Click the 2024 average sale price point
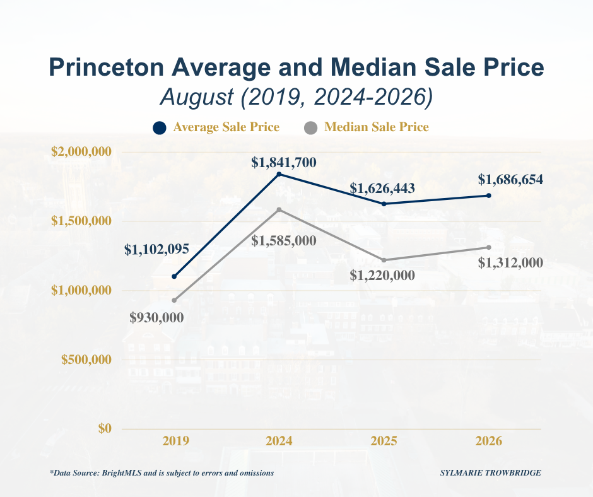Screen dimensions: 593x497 tap(279, 174)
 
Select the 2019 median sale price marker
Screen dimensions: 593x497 tap(174, 300)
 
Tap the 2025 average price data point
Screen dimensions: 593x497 tap(384, 204)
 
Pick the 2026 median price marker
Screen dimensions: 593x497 tap(489, 247)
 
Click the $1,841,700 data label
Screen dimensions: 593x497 tap(284, 163)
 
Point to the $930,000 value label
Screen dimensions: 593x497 tap(156, 318)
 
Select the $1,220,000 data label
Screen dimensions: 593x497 tap(382, 276)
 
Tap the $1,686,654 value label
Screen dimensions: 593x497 tap(510, 180)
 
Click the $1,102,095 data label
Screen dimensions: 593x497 tap(156, 249)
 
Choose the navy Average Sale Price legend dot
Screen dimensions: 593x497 tap(160, 128)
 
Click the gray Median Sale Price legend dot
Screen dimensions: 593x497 tap(310, 128)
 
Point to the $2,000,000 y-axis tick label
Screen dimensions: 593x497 tap(81, 151)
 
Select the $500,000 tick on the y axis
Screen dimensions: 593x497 tap(86, 360)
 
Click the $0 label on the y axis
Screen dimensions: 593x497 tap(105, 428)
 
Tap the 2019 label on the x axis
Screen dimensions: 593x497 tap(176, 441)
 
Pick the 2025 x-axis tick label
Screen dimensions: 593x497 tap(384, 441)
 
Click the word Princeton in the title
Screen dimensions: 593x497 tap(106, 67)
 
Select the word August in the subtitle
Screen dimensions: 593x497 tap(197, 97)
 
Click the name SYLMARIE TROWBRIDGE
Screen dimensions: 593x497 tap(491, 473)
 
